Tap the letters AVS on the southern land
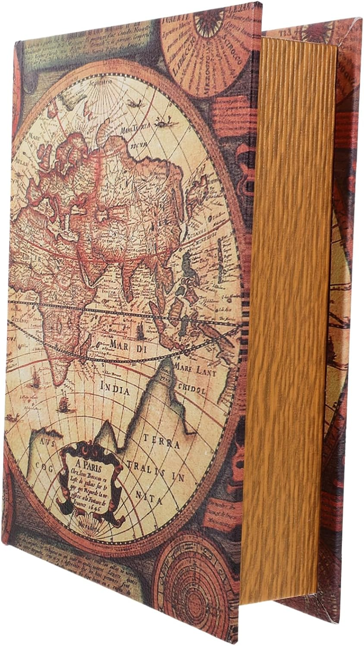point(45,442)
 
